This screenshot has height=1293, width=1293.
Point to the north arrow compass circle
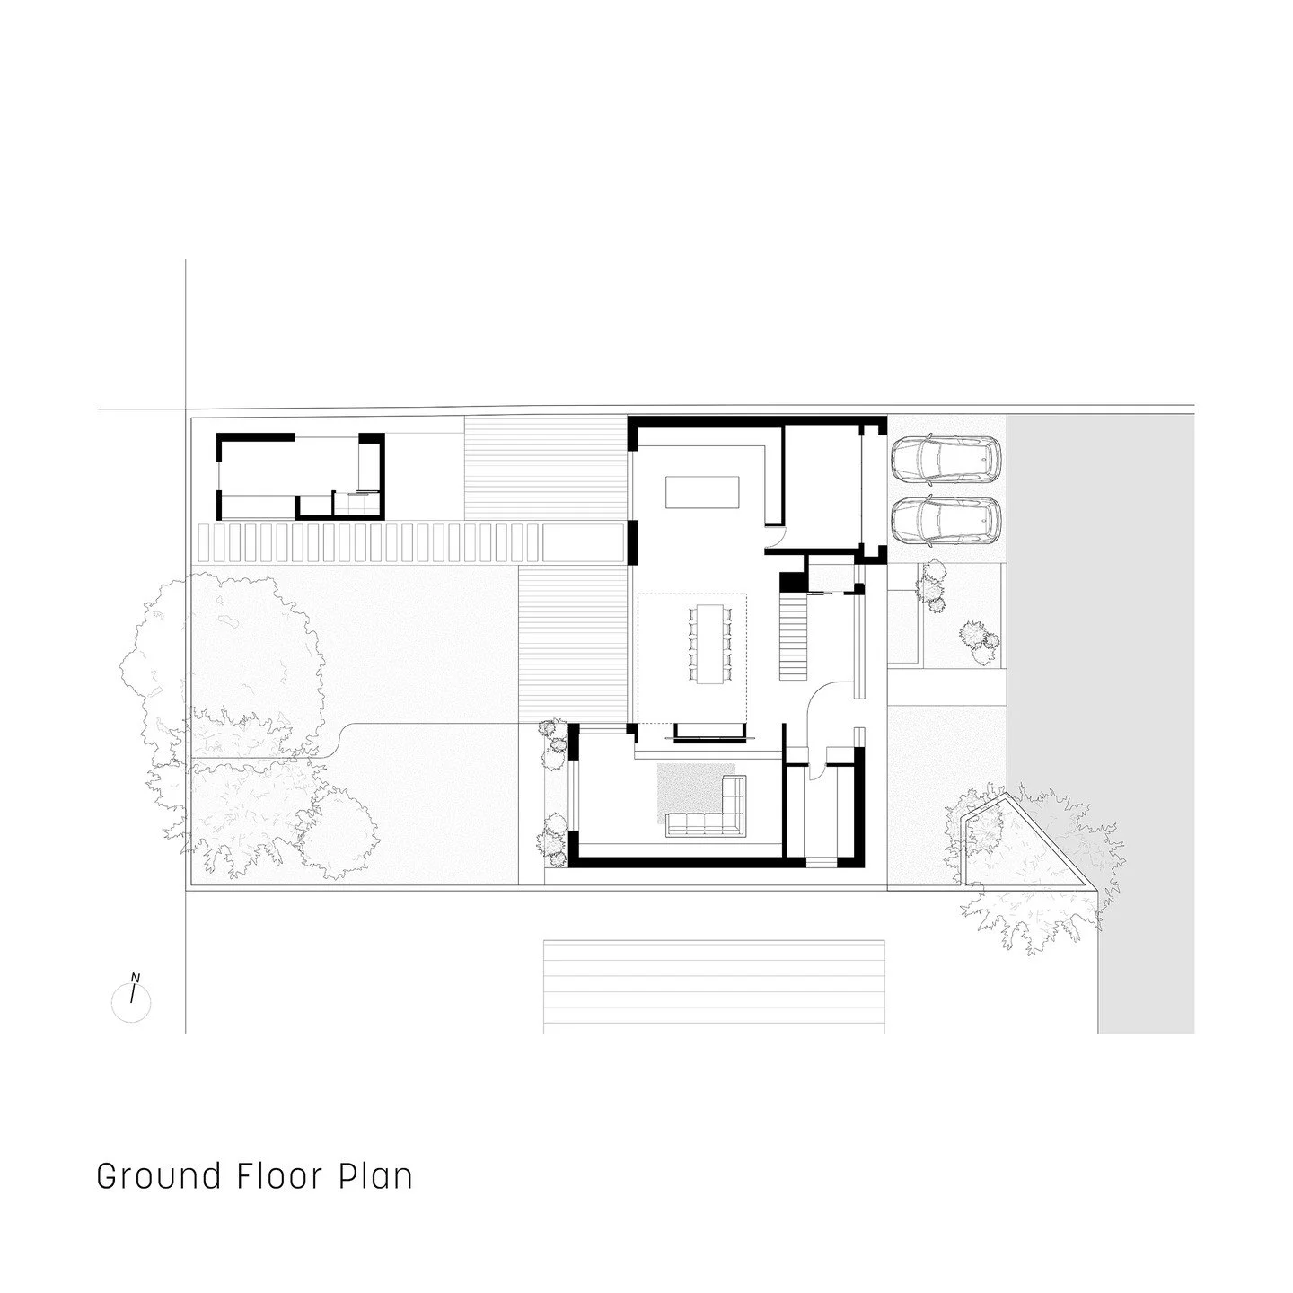click(131, 1000)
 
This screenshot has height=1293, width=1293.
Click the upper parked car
click(946, 460)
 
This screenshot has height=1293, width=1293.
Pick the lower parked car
click(946, 521)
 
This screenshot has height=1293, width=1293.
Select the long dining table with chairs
click(709, 644)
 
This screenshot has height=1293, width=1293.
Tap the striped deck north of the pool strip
click(545, 469)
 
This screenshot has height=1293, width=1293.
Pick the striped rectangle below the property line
click(714, 986)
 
